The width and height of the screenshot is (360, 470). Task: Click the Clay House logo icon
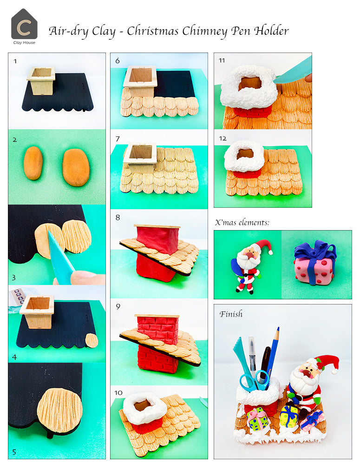point(24,24)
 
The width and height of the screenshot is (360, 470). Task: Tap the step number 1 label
point(16,61)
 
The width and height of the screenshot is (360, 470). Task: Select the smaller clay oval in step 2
point(33,163)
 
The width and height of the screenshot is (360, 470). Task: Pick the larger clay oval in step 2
point(76,167)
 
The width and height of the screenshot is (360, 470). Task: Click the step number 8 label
point(118,217)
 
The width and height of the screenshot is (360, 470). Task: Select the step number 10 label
point(118,393)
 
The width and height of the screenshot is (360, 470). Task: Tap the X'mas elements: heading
point(242,223)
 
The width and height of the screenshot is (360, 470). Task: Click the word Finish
point(231,314)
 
